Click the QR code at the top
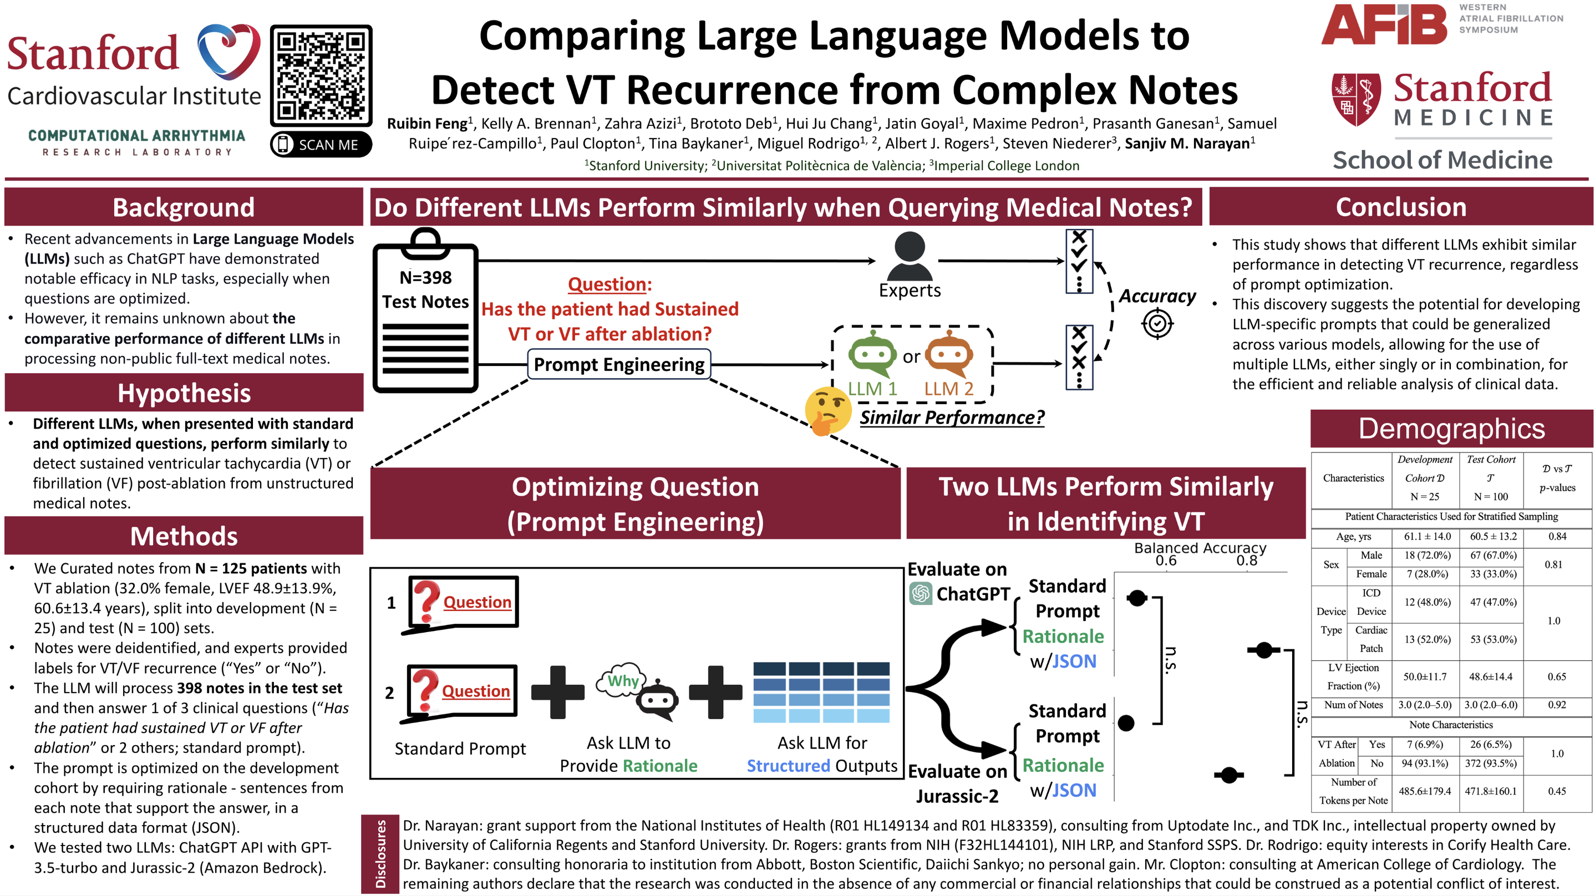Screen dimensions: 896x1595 click(321, 75)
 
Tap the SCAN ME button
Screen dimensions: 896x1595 click(321, 144)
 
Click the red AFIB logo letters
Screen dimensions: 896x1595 click(1384, 25)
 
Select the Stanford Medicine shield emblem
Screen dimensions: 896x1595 click(1356, 99)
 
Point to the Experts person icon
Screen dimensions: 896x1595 click(910, 256)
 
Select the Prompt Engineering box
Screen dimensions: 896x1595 click(618, 365)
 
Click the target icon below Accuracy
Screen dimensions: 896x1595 click(1157, 323)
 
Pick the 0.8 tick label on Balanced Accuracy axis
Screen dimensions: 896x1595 click(1246, 561)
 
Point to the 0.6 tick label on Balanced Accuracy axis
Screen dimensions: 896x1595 click(1165, 561)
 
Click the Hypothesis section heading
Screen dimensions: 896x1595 click(184, 393)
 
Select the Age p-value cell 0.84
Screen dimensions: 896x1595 click(1557, 536)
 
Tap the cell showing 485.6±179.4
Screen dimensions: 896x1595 click(1425, 791)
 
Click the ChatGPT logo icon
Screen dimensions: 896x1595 click(921, 593)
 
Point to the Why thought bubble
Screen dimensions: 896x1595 click(621, 681)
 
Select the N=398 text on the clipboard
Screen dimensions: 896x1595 click(425, 277)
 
